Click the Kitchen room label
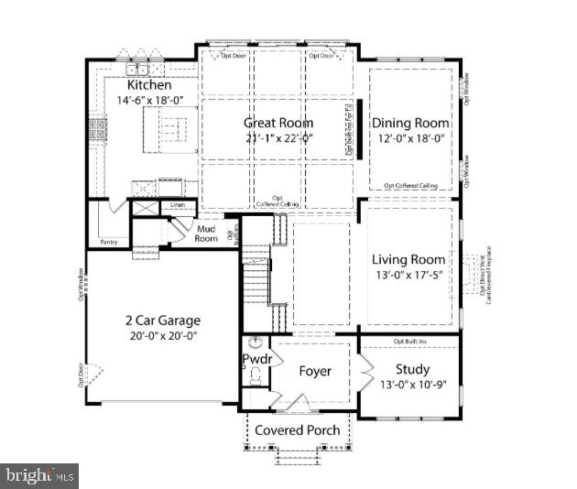coord(149,85)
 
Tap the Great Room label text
coord(278,123)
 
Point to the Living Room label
coord(409,259)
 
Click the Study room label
coord(411,370)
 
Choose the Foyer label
coord(315,371)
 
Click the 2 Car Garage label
coord(163,321)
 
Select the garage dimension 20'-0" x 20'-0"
coord(163,336)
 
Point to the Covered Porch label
coord(297,429)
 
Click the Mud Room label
coord(206,233)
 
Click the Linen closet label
coord(177,205)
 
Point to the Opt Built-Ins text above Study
coord(411,342)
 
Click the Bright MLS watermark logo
coord(39,475)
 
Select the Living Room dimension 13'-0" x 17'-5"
coord(409,275)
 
